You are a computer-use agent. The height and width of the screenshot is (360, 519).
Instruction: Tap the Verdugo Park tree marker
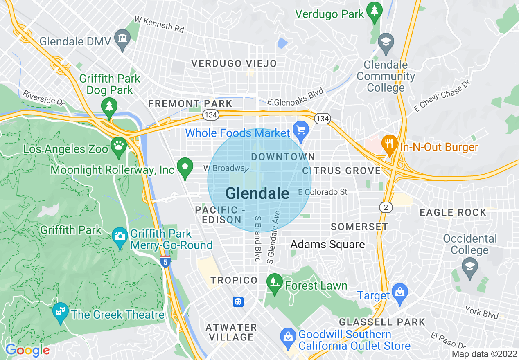click(x=374, y=12)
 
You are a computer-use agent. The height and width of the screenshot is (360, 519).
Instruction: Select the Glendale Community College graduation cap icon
click(x=386, y=42)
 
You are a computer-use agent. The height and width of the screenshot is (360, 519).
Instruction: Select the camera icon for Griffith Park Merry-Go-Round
click(x=120, y=236)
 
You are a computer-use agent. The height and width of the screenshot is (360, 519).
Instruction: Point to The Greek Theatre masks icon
click(x=61, y=312)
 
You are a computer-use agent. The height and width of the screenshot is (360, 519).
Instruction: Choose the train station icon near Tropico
click(x=238, y=302)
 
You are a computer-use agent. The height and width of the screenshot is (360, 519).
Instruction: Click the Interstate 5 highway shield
click(x=165, y=262)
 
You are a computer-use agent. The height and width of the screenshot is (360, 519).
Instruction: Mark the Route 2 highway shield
click(x=386, y=207)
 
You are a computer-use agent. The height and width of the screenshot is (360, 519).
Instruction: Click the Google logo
click(x=27, y=350)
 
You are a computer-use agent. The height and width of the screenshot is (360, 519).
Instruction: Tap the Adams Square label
click(x=327, y=245)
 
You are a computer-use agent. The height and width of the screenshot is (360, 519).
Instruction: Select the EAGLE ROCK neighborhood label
click(x=453, y=212)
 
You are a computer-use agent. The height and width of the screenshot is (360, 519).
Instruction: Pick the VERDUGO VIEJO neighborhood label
click(x=235, y=63)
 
